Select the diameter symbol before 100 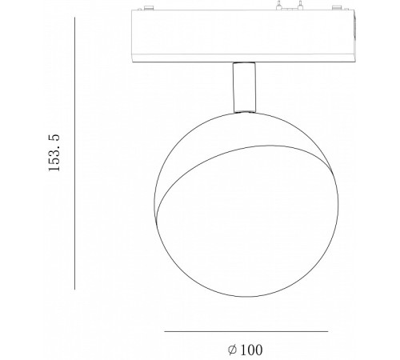point(231,350)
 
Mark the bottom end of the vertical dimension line point(74,290)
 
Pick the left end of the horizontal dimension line point(165,331)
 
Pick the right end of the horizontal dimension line point(328,331)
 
